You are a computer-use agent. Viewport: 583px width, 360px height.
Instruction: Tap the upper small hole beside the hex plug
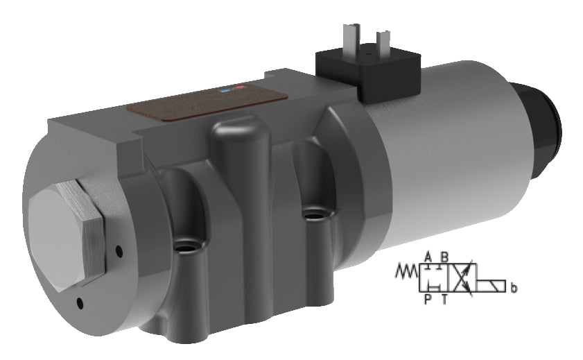coord(119,250)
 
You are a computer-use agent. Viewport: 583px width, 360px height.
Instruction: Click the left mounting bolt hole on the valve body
coord(186,246)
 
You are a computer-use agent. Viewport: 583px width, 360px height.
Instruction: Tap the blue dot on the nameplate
coord(225,90)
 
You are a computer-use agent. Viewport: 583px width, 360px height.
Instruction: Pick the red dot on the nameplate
coord(240,87)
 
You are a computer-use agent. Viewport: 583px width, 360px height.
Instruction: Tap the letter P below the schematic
coord(428,299)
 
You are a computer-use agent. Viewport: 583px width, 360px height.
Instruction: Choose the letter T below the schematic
coord(444,299)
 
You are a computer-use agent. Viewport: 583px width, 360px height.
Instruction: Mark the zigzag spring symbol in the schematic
coord(406,271)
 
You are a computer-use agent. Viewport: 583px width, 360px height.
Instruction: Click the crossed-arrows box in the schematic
coord(465,279)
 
